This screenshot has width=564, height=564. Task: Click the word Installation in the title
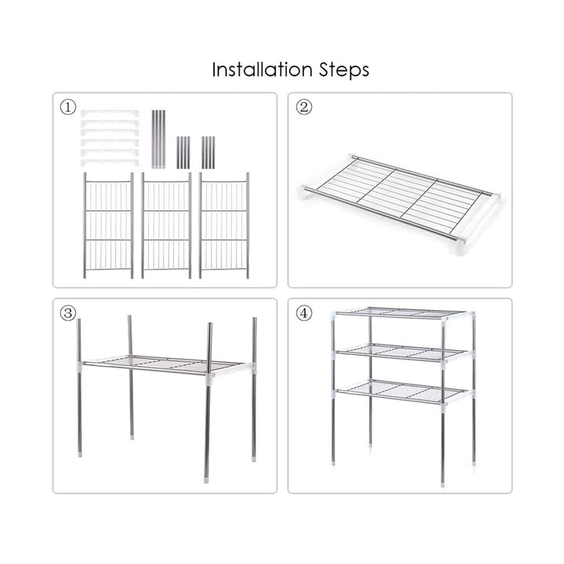pyautogui.click(x=262, y=70)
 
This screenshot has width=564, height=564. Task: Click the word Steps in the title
pyautogui.click(x=344, y=70)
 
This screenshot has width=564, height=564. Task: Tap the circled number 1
pyautogui.click(x=68, y=107)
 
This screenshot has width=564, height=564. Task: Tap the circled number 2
pyautogui.click(x=304, y=107)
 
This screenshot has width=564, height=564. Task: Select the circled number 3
pyautogui.click(x=68, y=313)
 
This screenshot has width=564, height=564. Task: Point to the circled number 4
pyautogui.click(x=304, y=313)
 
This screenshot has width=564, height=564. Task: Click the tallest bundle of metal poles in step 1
pyautogui.click(x=158, y=139)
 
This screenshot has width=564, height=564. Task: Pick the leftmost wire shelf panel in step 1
pyautogui.click(x=108, y=226)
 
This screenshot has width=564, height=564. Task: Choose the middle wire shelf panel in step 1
pyautogui.click(x=166, y=226)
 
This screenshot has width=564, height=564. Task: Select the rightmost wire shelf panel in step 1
pyautogui.click(x=224, y=226)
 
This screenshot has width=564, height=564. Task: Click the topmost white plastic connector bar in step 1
pyautogui.click(x=110, y=114)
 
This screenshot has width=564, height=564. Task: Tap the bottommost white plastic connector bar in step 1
pyautogui.click(x=110, y=162)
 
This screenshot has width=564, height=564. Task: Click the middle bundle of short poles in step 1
pyautogui.click(x=183, y=153)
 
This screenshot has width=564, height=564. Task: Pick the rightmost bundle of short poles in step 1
pyautogui.click(x=208, y=153)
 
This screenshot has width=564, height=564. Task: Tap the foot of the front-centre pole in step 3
pyautogui.click(x=206, y=480)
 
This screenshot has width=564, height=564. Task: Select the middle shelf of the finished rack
pyautogui.click(x=401, y=352)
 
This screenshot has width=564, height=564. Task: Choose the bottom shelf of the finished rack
pyautogui.click(x=401, y=392)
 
